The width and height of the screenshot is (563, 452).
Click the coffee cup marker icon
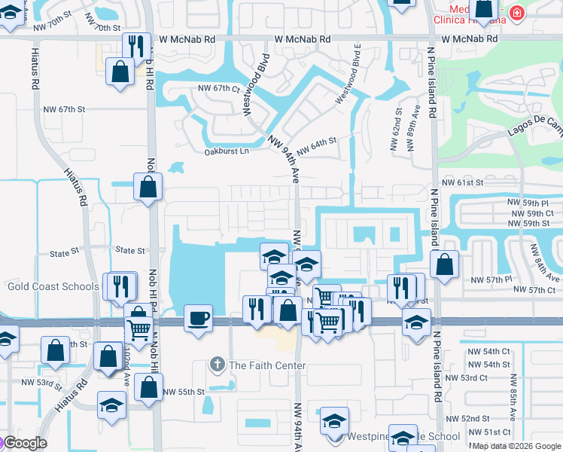198,317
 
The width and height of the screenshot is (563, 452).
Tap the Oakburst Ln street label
227,151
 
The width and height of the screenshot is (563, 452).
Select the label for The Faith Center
267,366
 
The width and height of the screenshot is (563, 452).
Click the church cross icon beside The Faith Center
218,365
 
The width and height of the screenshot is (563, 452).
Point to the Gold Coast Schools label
53,286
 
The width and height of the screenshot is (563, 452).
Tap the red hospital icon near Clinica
516,12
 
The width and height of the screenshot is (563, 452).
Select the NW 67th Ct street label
218,88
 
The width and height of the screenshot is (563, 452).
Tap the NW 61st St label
462,183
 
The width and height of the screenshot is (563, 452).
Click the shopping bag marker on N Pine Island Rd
445,264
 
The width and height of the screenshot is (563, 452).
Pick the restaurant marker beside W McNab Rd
136,45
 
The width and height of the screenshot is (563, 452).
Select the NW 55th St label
184,392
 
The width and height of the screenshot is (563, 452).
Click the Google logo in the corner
24,442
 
